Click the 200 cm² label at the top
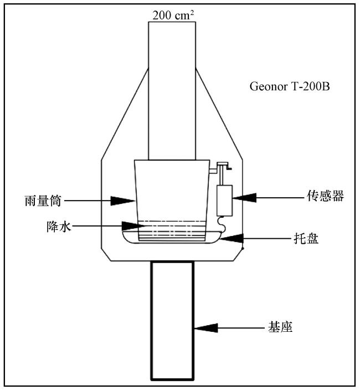[x=172, y=14]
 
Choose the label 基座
[x=279, y=328]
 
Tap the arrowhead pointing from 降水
[x=130, y=226]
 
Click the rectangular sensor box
[x=224, y=200]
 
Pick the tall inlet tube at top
[x=172, y=89]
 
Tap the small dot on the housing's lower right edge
[x=243, y=249]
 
